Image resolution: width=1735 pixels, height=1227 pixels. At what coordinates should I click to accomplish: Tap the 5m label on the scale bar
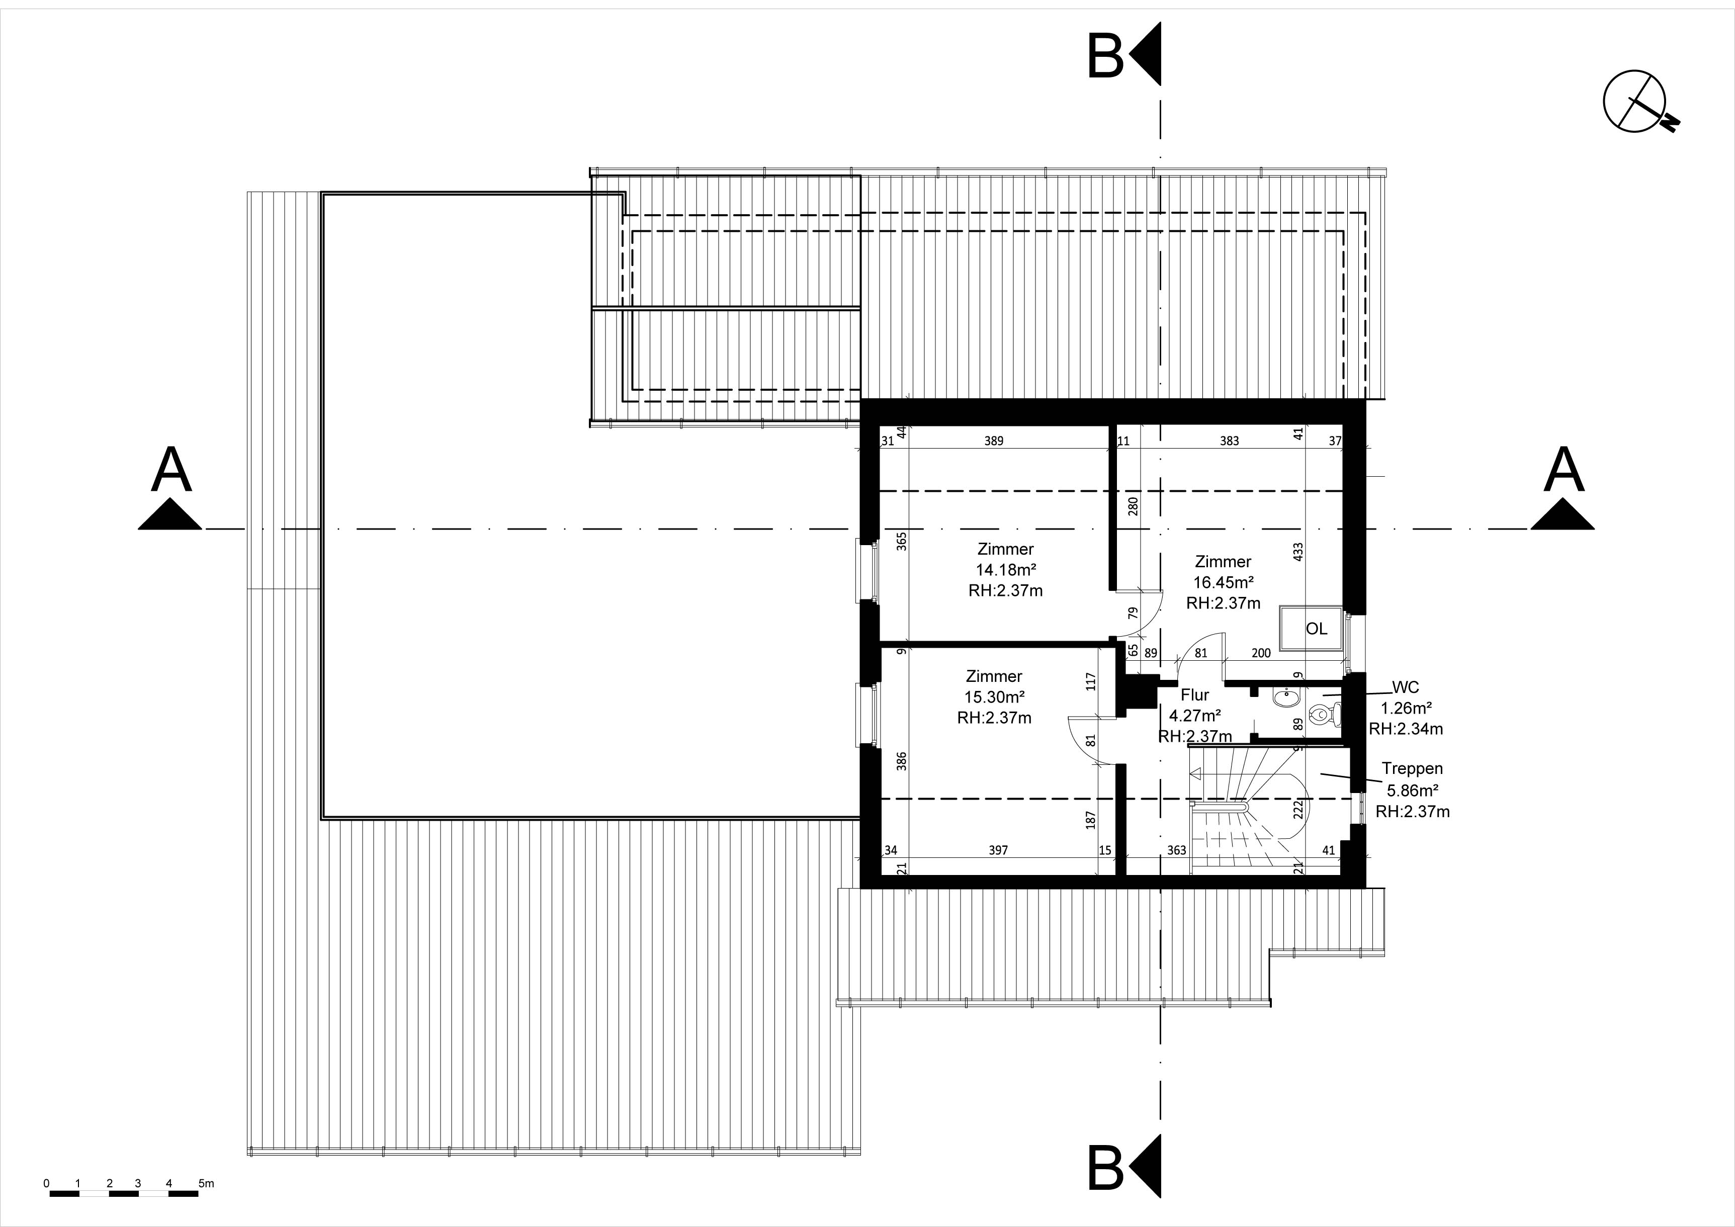(206, 1183)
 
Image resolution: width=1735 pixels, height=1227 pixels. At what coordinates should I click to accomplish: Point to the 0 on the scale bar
(47, 1183)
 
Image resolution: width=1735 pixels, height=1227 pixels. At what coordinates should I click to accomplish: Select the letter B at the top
(1105, 56)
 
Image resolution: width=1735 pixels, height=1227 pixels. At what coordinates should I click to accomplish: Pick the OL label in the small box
(1317, 629)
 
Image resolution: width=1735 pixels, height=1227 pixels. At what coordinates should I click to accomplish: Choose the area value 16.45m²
(1224, 582)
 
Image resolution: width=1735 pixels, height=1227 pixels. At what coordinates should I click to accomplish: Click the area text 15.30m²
(994, 696)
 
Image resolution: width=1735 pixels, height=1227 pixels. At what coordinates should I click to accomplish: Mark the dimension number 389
(994, 441)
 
